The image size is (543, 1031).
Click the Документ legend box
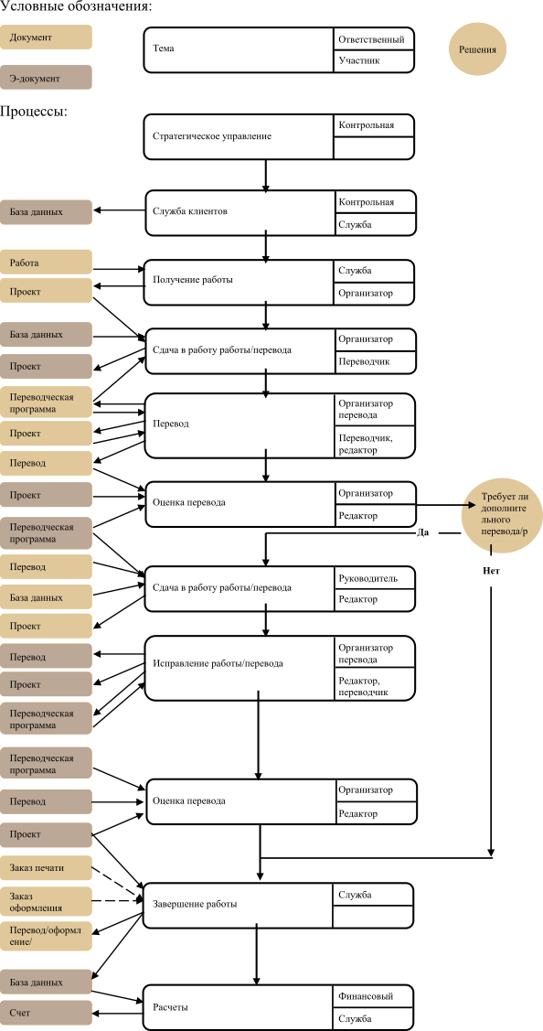(x=46, y=37)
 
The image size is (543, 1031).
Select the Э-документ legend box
(x=46, y=78)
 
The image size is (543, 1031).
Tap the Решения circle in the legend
(x=478, y=49)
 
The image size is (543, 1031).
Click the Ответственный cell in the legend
(x=375, y=38)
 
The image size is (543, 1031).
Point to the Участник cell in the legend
(x=375, y=60)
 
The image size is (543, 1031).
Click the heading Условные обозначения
(x=76, y=7)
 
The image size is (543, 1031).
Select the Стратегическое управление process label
(x=212, y=137)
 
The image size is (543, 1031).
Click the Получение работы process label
(x=193, y=279)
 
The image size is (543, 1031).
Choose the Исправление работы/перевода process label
(x=218, y=662)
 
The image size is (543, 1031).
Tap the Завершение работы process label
(x=195, y=904)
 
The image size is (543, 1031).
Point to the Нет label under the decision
(x=491, y=571)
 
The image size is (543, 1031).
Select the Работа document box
(x=46, y=263)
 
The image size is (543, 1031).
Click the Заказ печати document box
(x=46, y=867)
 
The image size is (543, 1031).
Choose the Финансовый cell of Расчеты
(x=375, y=996)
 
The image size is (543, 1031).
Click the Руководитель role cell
(x=375, y=578)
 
